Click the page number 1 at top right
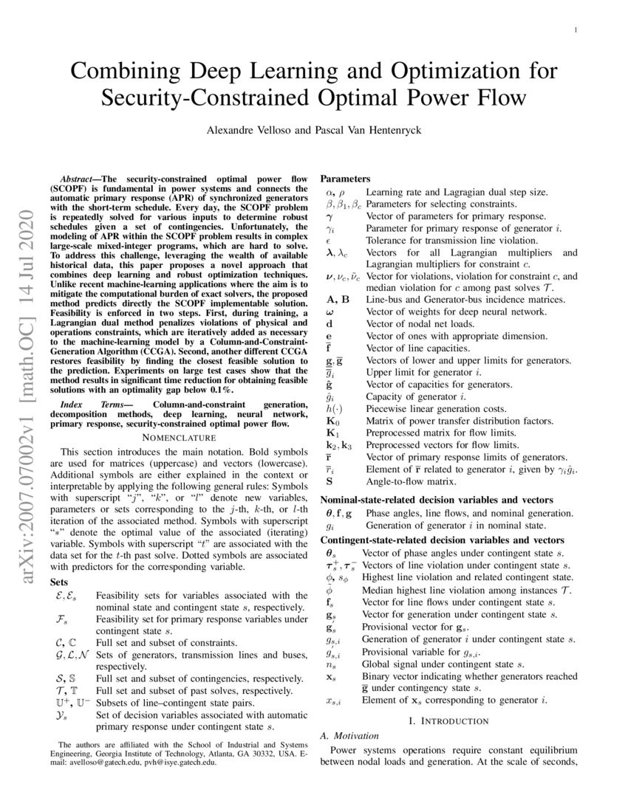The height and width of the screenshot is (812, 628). pos(575,30)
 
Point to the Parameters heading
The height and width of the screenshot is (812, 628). pos(345,179)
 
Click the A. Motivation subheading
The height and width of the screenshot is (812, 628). pos(349,736)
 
